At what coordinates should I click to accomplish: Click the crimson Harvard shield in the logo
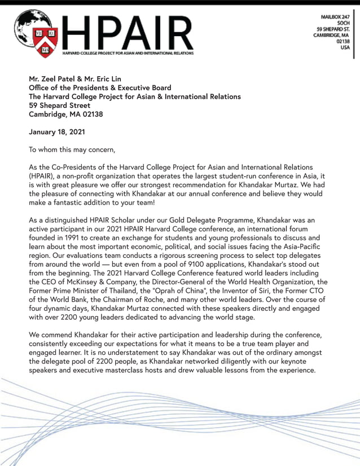click(45, 41)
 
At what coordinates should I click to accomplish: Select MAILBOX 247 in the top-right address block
click(334, 17)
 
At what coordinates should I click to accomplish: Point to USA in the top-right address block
click(345, 47)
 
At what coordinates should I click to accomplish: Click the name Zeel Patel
click(62, 78)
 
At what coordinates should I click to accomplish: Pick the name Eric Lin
click(105, 78)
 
